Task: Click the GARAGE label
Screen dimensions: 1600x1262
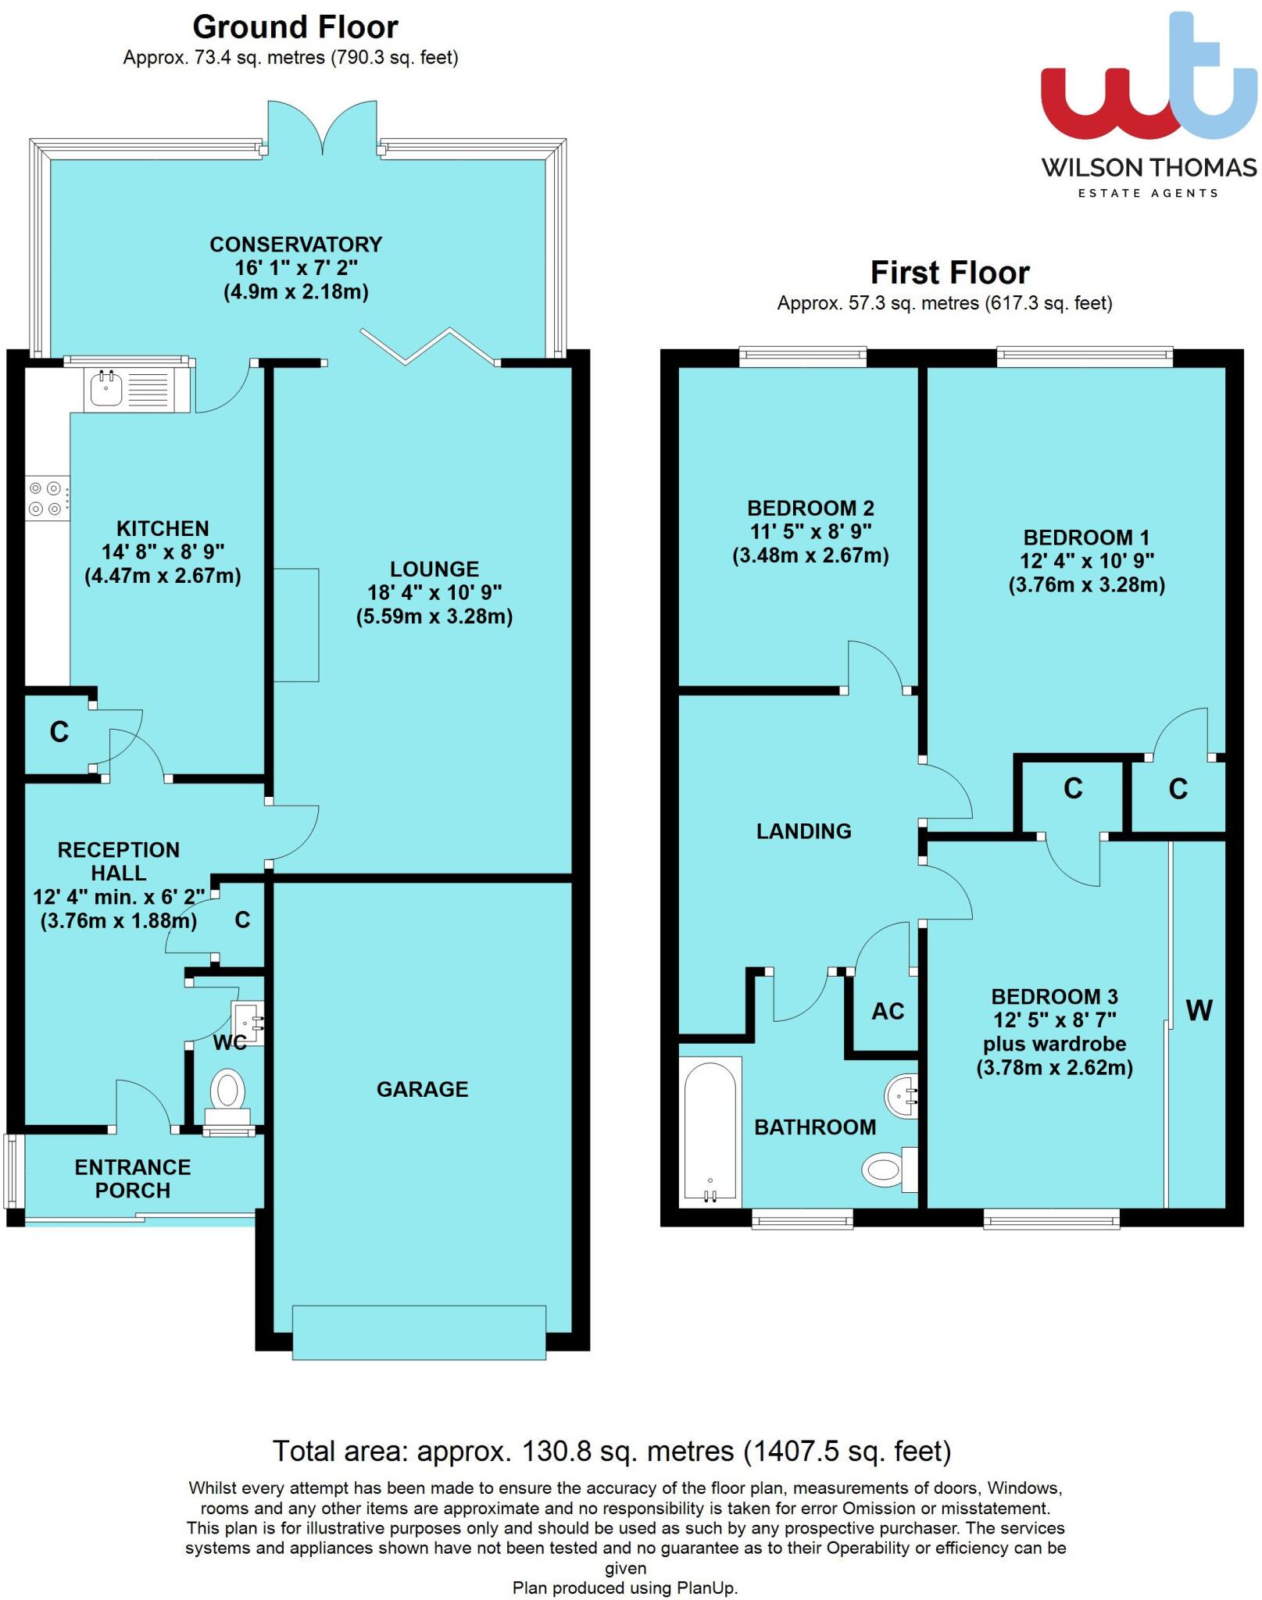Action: pos(422,1089)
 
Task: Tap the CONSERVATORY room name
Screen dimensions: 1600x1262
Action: pos(295,245)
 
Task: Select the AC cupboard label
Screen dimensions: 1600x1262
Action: pos(888,1011)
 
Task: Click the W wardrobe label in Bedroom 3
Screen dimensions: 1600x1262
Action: pos(1199,1011)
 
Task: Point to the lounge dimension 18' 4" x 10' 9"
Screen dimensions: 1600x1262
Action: pos(434,593)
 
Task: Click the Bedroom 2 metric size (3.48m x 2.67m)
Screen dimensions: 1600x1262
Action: pos(810,555)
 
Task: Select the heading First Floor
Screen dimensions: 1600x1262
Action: pos(949,273)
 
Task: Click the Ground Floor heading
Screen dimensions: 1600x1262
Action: pos(295,27)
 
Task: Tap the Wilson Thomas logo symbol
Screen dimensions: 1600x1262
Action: pos(1149,86)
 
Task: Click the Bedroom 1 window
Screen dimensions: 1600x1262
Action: pos(1084,357)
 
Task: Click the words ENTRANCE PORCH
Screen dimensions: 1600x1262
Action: pos(133,1178)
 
